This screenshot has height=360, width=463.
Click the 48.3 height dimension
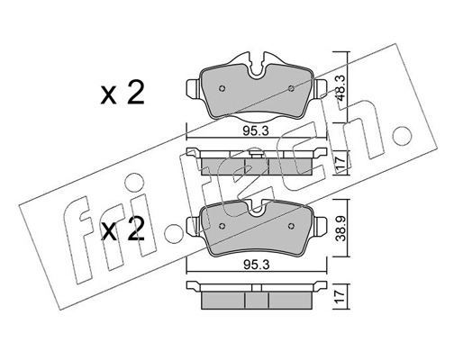341,88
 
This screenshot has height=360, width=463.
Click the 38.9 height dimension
341,229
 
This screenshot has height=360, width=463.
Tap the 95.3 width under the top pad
256,131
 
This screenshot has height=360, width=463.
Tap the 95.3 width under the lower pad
256,265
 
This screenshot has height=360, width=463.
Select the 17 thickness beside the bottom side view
341,297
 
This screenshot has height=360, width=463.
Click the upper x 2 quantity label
123,94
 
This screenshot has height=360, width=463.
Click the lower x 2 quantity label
123,229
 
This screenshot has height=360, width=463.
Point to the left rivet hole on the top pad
222,88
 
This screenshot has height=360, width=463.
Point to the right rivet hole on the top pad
291,88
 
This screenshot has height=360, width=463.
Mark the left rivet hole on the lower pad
222,226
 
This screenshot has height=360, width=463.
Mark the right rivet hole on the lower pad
291,226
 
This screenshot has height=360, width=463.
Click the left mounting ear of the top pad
192,88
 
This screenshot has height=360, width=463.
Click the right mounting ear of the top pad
321,88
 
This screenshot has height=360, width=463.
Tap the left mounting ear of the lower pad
192,227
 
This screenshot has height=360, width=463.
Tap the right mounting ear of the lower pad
321,227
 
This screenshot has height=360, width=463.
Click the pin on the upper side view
256,154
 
